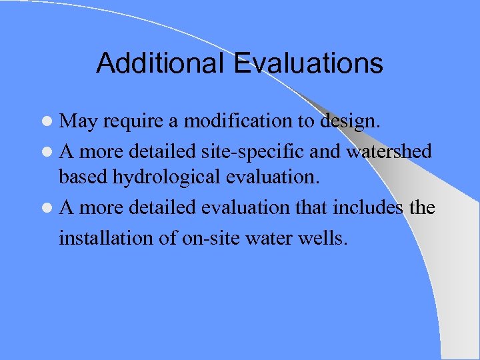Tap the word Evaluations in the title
308,63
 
